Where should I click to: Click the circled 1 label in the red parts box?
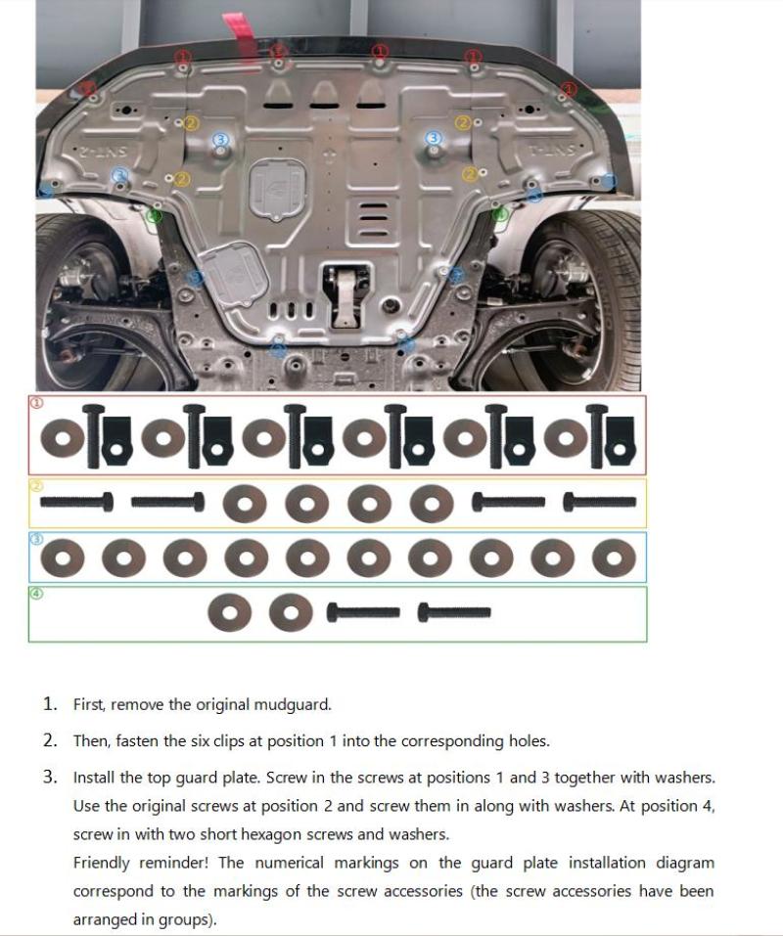pos(37,402)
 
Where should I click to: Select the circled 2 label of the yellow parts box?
pos(37,485)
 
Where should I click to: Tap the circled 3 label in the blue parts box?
pos(37,539)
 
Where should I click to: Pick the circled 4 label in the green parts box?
pos(37,593)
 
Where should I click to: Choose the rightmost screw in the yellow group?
pos(600,503)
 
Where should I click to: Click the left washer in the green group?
pos(228,613)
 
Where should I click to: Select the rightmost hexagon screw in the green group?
pos(454,613)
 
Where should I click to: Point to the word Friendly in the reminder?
pos(102,864)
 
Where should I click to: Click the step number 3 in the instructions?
pos(49,779)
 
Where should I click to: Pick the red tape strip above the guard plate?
pos(236,26)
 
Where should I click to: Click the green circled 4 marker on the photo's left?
pos(154,214)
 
